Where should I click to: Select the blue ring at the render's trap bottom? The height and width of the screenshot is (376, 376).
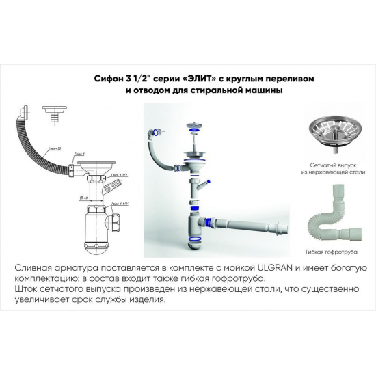coord(194,238)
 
